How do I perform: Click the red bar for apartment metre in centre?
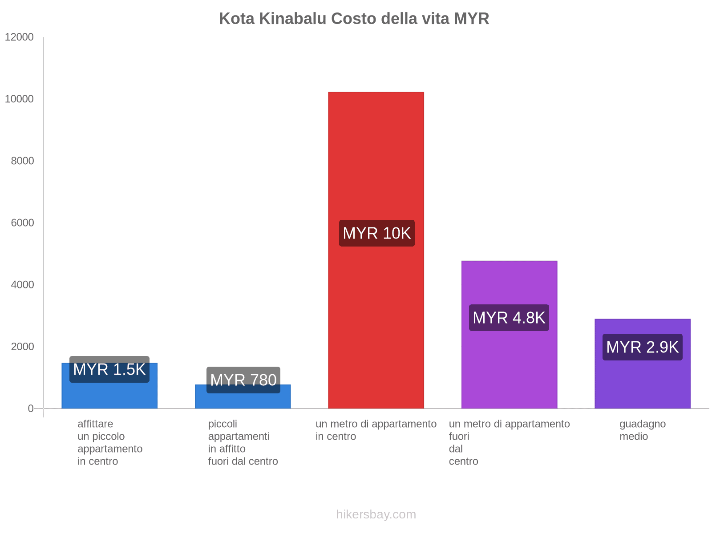coord(376,156)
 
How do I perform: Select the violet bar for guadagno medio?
coord(642,383)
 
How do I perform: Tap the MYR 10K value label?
coord(376,233)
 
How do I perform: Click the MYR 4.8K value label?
coord(509,318)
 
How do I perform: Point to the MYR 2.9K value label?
coord(642,347)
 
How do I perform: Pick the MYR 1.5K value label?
coord(109,369)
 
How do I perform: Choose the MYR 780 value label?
coord(243,380)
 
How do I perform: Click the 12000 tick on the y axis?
coord(19,37)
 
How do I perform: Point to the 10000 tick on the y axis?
coord(19,99)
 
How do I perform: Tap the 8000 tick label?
coord(22,161)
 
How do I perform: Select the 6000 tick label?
coord(22,222)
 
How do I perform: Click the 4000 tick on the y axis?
coord(22,284)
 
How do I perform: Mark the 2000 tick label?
coord(22,346)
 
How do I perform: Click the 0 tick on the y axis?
coord(31,408)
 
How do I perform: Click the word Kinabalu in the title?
coord(293,19)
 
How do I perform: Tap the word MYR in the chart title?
coord(471,19)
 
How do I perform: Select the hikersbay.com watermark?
coord(376,514)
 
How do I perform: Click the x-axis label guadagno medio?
coord(642,430)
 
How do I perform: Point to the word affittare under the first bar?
coord(95,424)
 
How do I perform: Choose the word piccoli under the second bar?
coord(222,424)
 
